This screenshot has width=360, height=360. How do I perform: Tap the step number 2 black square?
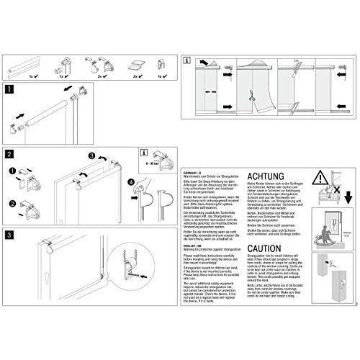point(9,153)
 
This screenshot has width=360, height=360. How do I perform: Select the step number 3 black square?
point(9,235)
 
